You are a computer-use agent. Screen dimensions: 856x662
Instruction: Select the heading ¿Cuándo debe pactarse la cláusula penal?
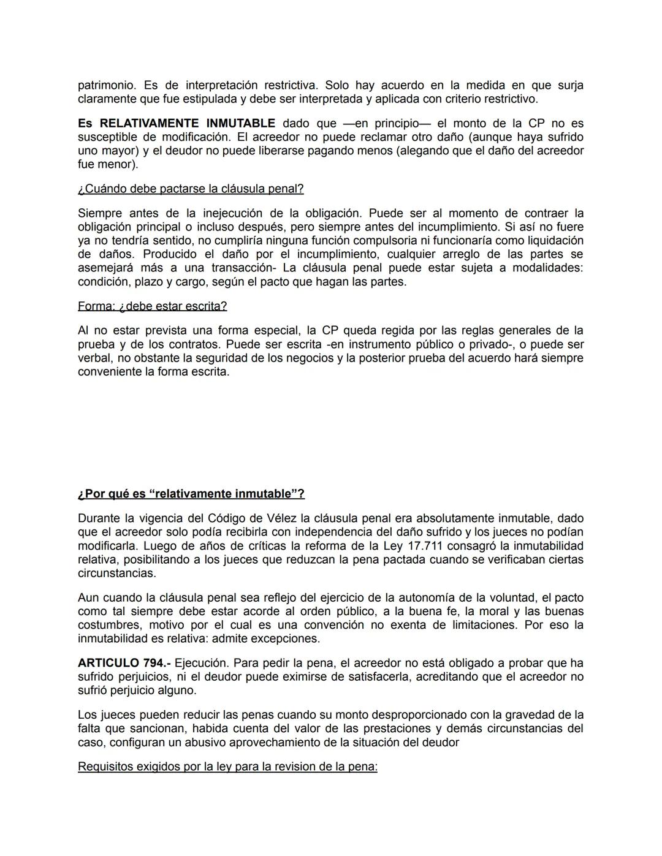click(191, 189)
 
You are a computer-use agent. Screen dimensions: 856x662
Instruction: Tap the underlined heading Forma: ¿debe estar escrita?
click(152, 306)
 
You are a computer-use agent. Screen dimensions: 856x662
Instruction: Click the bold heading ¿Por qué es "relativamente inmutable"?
click(191, 494)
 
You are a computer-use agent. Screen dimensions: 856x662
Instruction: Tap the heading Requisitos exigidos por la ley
click(227, 767)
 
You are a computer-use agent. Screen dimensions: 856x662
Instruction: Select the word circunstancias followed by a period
click(116, 574)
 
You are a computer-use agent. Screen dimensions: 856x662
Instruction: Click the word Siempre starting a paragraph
click(99, 213)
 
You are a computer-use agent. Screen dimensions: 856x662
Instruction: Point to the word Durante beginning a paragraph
click(100, 518)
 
